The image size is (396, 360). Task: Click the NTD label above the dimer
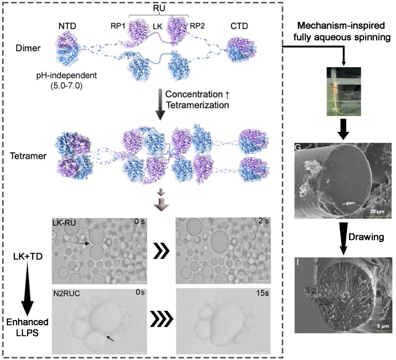coord(67,26)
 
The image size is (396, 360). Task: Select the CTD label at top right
coord(239,26)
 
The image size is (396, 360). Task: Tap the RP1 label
coord(118,26)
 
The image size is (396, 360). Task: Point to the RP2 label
coord(197,26)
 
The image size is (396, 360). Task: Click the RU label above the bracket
coord(159,8)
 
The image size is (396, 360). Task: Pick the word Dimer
coord(28,48)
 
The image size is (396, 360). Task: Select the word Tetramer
coord(28,156)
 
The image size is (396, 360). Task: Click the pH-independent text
coord(67,76)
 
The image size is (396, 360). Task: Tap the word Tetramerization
coord(197,105)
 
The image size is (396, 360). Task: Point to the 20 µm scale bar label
coord(377,212)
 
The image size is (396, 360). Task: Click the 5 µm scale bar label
coord(383,326)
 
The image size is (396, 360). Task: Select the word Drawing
coord(366,237)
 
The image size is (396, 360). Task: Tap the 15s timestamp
coord(262,293)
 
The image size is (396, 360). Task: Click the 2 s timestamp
coord(264,221)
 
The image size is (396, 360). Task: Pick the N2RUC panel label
coord(67,294)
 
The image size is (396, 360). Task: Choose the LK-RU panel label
coord(64,223)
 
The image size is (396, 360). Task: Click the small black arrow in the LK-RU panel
coord(84,244)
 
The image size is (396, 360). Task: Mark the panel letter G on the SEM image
coord(298,147)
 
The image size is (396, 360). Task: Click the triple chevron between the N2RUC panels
coord(162,319)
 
